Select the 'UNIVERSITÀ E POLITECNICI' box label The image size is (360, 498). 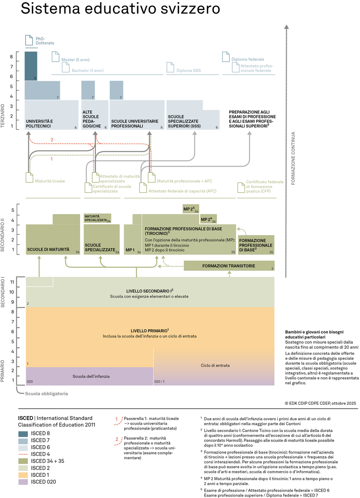(x=40, y=124)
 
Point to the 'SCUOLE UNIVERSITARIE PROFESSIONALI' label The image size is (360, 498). (x=135, y=124)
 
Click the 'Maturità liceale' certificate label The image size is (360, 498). (x=52, y=181)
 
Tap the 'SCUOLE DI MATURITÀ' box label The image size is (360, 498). (x=49, y=249)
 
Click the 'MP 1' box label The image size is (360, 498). (x=130, y=249)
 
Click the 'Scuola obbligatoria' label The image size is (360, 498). (x=46, y=394)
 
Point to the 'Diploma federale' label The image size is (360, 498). (x=247, y=59)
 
